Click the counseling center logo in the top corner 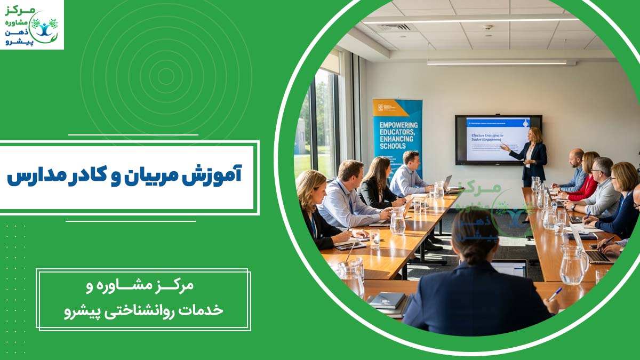(31, 25)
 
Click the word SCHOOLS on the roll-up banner (394, 146)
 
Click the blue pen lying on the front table (555, 294)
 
